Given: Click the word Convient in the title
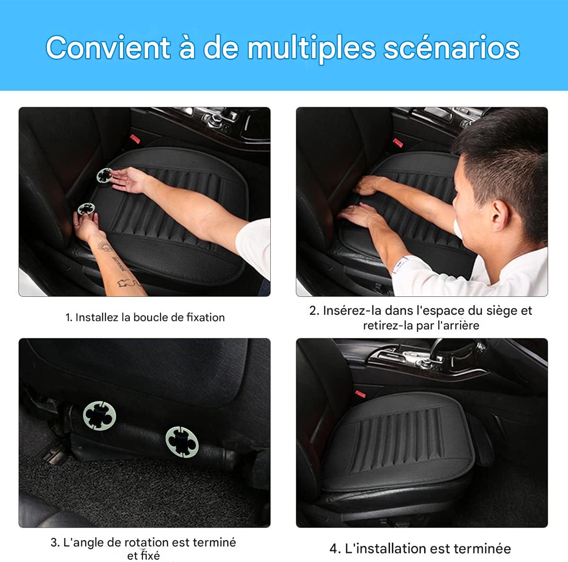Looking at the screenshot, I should tap(108, 48).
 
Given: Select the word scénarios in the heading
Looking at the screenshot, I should tap(452, 48).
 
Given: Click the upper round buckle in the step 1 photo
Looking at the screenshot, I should tap(104, 175).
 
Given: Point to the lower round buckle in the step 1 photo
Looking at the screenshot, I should tap(86, 208).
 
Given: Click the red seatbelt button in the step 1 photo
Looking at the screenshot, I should tap(134, 139).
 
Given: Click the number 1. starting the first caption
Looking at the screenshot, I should tap(69, 317).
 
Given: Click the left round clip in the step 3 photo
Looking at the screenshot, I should tap(99, 415).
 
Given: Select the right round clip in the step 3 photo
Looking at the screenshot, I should tap(182, 441).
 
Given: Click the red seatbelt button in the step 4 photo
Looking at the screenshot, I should tap(361, 393).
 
